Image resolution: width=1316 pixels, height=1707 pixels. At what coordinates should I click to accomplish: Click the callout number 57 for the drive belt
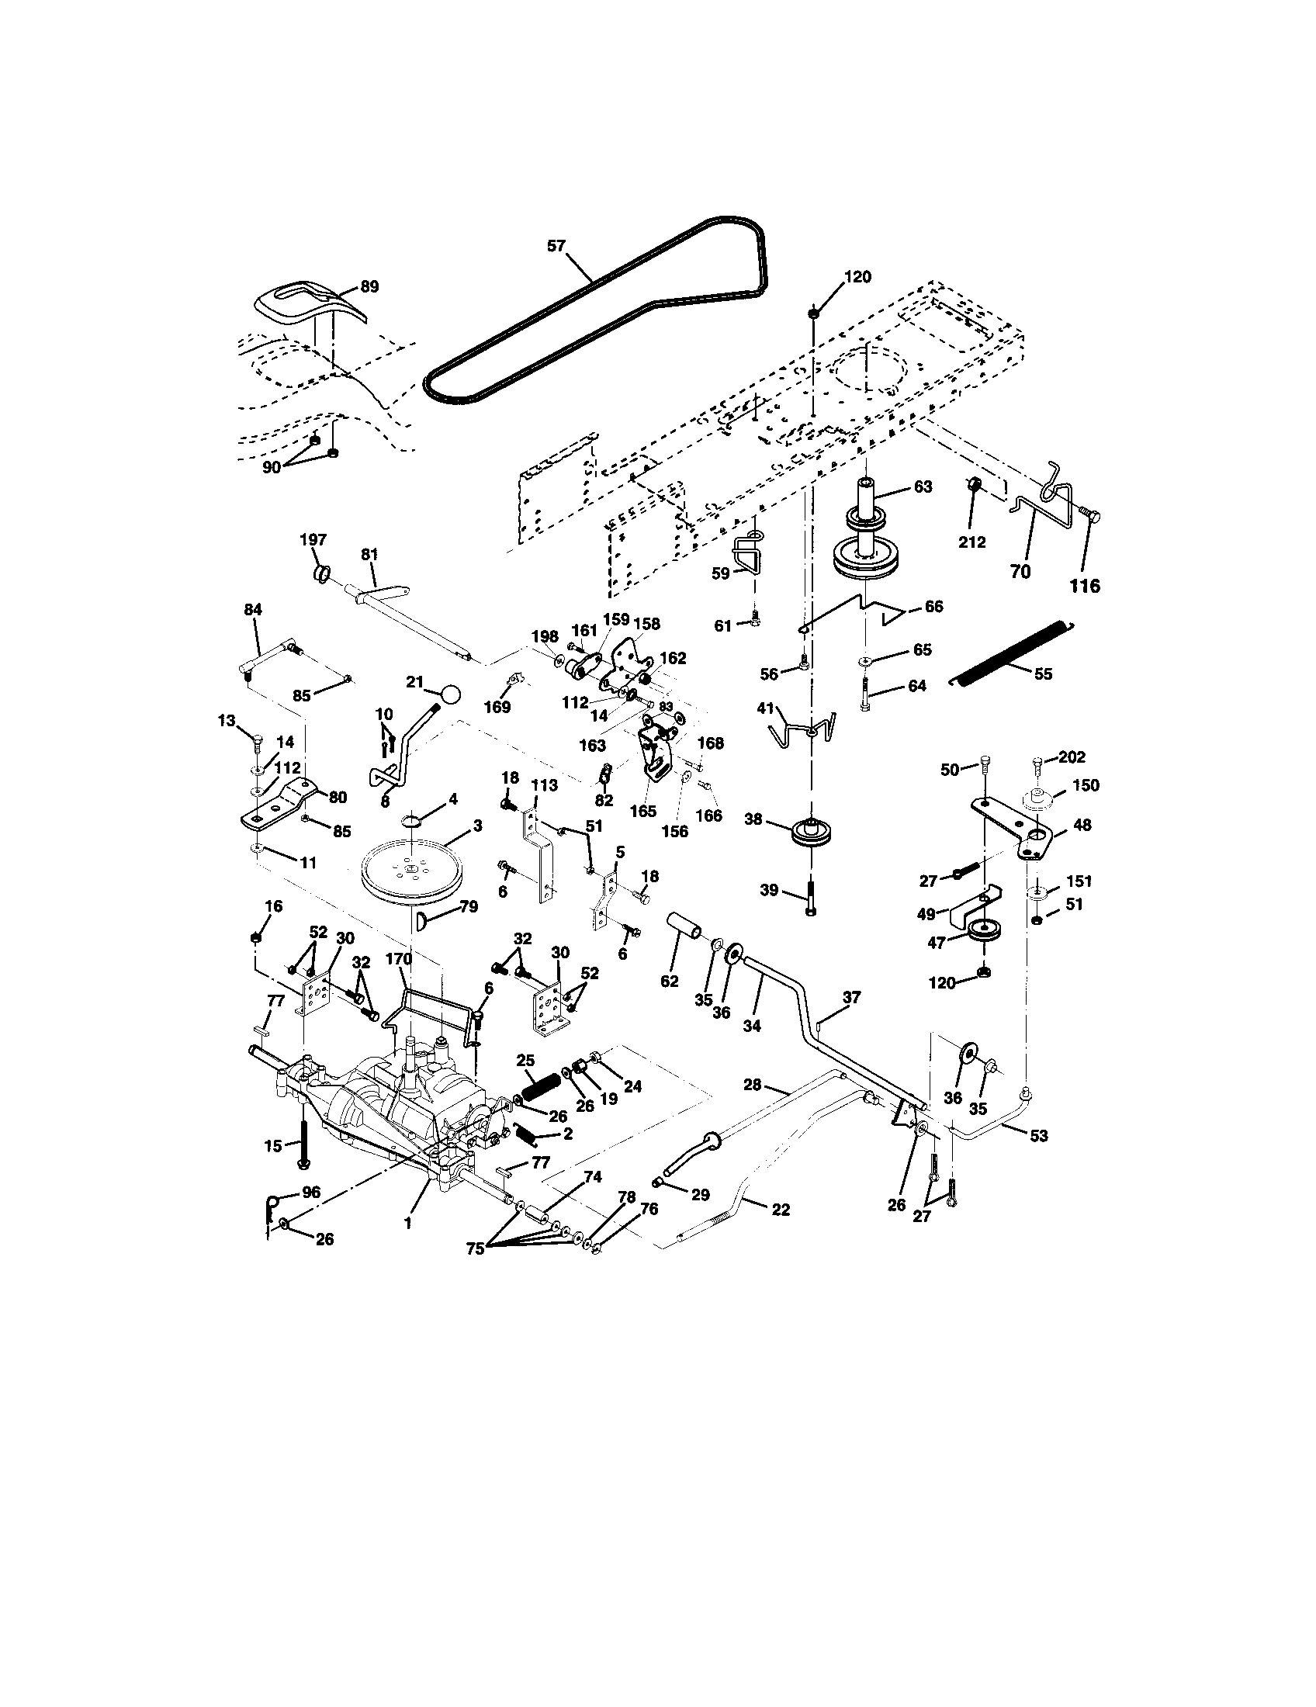pos(556,246)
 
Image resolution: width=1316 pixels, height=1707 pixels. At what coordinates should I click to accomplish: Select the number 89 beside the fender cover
pos(369,287)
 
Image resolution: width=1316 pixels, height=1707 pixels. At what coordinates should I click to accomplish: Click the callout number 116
pos(1085,586)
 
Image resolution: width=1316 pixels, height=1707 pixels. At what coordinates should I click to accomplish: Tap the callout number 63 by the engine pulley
pos(923,487)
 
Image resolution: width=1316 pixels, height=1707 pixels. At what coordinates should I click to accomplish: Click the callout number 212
pos(972,542)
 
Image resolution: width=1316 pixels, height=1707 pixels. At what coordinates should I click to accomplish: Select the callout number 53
pos(1038,1136)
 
